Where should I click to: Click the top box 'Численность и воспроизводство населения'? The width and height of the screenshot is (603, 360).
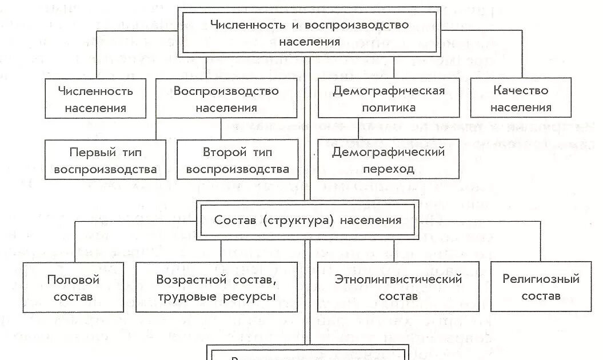[x=309, y=33]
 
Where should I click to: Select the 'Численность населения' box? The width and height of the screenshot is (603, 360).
[x=95, y=98]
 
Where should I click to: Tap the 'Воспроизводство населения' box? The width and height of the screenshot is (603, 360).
[x=226, y=98]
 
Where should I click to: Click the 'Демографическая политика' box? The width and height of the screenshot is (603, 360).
[x=389, y=98]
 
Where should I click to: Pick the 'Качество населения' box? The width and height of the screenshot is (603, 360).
[x=520, y=98]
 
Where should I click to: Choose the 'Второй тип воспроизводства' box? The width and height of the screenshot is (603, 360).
[x=237, y=160]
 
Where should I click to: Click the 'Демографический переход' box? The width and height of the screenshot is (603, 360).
[x=389, y=160]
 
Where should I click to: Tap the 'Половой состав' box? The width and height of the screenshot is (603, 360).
[x=73, y=287]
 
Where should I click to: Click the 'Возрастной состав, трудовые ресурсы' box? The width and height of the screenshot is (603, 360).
[x=216, y=287]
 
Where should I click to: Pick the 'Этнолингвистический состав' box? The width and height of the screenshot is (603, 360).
[x=398, y=287]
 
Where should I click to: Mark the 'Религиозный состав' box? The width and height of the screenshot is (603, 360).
[x=541, y=287]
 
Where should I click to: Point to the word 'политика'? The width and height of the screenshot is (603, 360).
[x=389, y=107]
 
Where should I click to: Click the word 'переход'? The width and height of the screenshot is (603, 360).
[x=389, y=169]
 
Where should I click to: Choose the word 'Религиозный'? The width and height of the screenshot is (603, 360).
[x=541, y=279]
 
